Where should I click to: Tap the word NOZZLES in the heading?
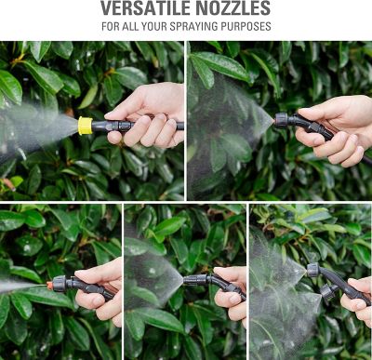233,9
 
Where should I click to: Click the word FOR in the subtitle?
111,27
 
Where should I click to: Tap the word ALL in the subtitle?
134,27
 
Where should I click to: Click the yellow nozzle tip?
86,126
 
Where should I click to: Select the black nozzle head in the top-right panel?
281,119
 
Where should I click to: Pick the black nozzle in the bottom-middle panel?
193,278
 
